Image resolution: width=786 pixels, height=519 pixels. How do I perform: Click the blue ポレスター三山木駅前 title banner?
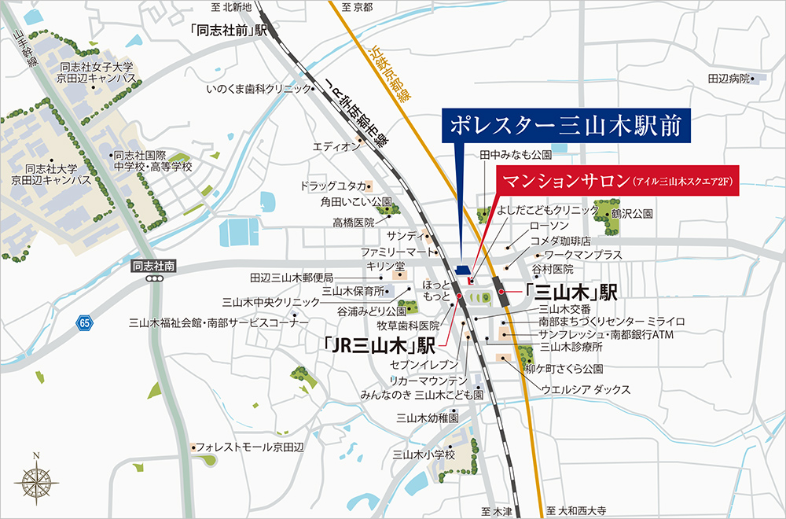tap(567, 126)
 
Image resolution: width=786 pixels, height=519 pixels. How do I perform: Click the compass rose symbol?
tap(37, 477)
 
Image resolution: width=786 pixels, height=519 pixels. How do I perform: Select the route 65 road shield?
tap(84, 323)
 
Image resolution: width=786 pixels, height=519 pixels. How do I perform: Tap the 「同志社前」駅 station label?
tap(230, 31)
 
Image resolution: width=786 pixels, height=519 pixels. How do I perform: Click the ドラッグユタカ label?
tap(333, 186)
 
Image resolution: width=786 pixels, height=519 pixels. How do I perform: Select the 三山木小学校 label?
tap(424, 455)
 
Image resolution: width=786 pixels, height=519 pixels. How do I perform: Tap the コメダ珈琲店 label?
tap(560, 241)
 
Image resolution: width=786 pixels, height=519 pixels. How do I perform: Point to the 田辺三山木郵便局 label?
tap(292, 278)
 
